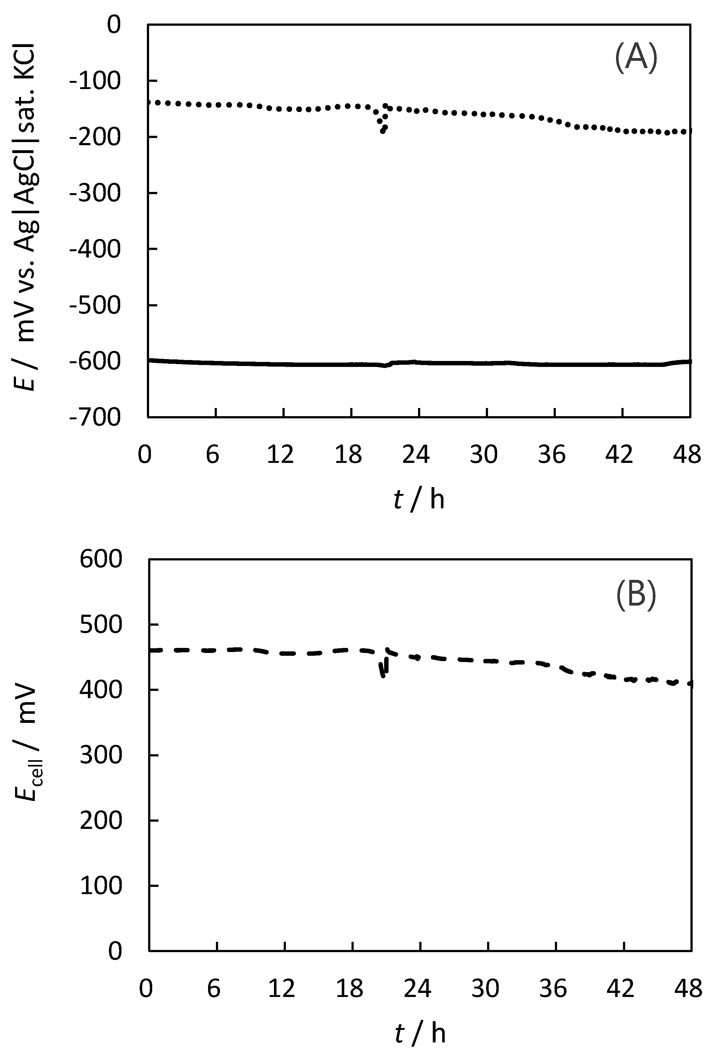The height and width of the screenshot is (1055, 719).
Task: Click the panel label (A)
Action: click(636, 58)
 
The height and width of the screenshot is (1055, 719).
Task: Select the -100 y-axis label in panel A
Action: click(95, 81)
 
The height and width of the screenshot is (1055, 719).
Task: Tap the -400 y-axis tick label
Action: click(95, 249)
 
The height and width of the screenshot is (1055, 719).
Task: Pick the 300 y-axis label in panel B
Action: click(101, 755)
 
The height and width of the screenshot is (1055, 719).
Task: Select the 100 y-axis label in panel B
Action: click(101, 885)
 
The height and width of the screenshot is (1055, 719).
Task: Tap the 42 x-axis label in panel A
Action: click(620, 454)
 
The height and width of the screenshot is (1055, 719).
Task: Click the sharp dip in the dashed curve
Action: click(383, 674)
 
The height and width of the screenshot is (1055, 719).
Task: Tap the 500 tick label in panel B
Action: click(101, 625)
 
